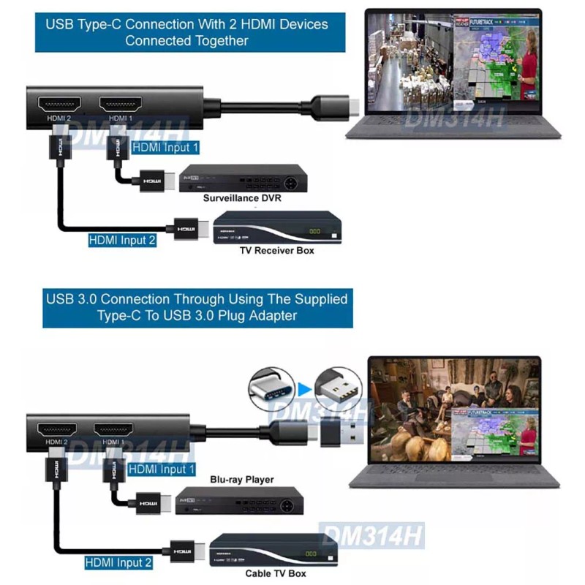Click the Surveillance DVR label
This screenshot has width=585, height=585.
click(241, 197)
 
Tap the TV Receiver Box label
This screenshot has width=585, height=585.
click(276, 250)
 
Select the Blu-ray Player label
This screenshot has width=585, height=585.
click(242, 480)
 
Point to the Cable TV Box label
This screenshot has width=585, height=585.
click(276, 573)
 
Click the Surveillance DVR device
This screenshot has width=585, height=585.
click(243, 178)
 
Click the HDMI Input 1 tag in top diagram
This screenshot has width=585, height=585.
click(166, 147)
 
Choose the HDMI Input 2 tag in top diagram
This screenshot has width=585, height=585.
click(122, 239)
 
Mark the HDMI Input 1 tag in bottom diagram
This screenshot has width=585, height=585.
click(161, 469)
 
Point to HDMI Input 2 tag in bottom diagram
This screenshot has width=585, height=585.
click(118, 563)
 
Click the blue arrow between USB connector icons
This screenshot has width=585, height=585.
click(304, 388)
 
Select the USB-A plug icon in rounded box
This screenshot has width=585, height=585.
click(338, 388)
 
